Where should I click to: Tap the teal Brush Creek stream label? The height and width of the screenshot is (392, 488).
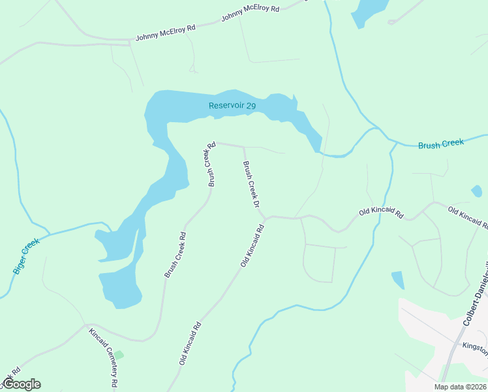click(440, 143)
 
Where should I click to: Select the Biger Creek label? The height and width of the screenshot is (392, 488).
click(26, 255)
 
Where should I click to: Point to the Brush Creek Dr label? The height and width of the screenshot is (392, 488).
click(252, 186)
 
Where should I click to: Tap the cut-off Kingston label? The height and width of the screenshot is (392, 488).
click(475, 349)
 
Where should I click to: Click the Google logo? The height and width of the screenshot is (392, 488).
click(22, 384)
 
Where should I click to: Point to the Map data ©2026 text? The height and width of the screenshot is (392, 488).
click(459, 387)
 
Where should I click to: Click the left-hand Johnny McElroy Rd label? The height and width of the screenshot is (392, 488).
click(166, 33)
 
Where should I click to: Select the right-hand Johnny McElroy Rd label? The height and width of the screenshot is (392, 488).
click(250, 14)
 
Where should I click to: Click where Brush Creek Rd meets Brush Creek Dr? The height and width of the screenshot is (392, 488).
click(243, 146)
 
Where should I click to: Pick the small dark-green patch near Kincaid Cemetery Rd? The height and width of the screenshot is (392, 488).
click(119, 355)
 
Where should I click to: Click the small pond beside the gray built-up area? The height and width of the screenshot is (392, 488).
click(398, 280)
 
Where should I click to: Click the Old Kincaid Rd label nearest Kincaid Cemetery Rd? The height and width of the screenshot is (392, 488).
click(190, 342)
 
